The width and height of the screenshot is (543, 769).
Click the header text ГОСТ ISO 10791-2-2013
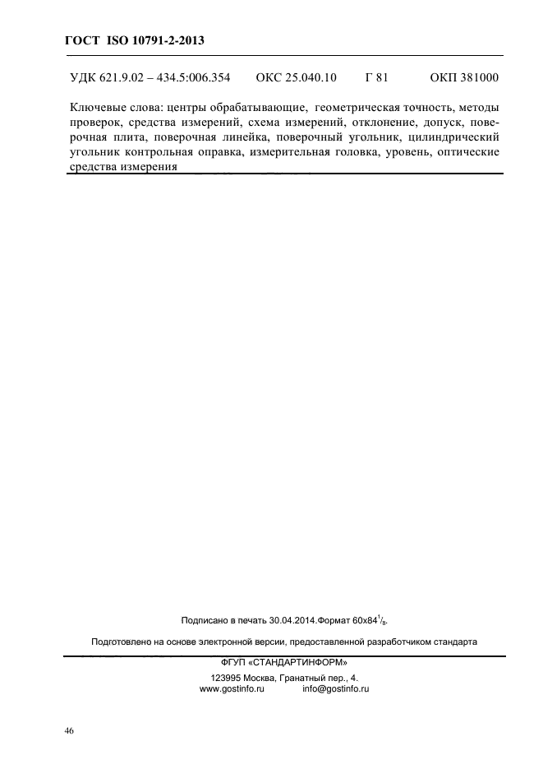(133, 39)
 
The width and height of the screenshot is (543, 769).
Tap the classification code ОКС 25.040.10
(297, 79)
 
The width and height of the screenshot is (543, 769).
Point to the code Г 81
(376, 79)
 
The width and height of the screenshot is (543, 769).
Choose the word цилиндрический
(453, 137)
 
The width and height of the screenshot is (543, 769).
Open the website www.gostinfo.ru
(231, 689)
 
